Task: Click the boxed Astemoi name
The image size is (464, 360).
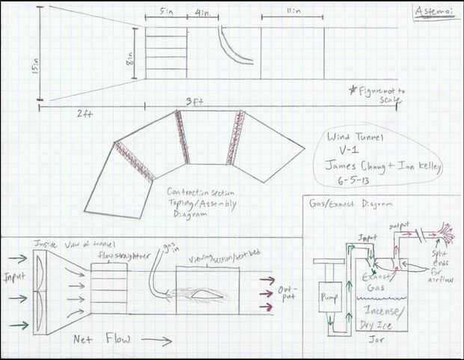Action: point(432,13)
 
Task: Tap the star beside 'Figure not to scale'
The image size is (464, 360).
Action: point(352,89)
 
